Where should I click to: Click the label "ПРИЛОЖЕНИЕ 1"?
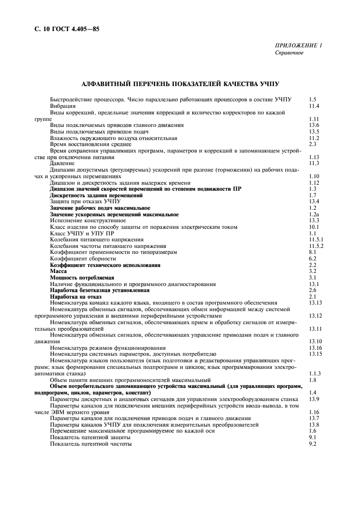(x=298, y=46)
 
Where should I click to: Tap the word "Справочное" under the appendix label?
(x=289, y=53)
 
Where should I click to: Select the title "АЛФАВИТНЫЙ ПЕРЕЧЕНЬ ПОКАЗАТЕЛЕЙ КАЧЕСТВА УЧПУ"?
(x=180, y=84)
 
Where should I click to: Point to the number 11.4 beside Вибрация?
(x=314, y=106)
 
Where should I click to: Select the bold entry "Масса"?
(x=58, y=271)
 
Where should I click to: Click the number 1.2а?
(x=313, y=214)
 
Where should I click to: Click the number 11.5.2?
(x=316, y=246)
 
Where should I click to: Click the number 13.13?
(x=315, y=302)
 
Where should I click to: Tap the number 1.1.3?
(x=314, y=373)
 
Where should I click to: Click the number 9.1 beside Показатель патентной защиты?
(x=312, y=437)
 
